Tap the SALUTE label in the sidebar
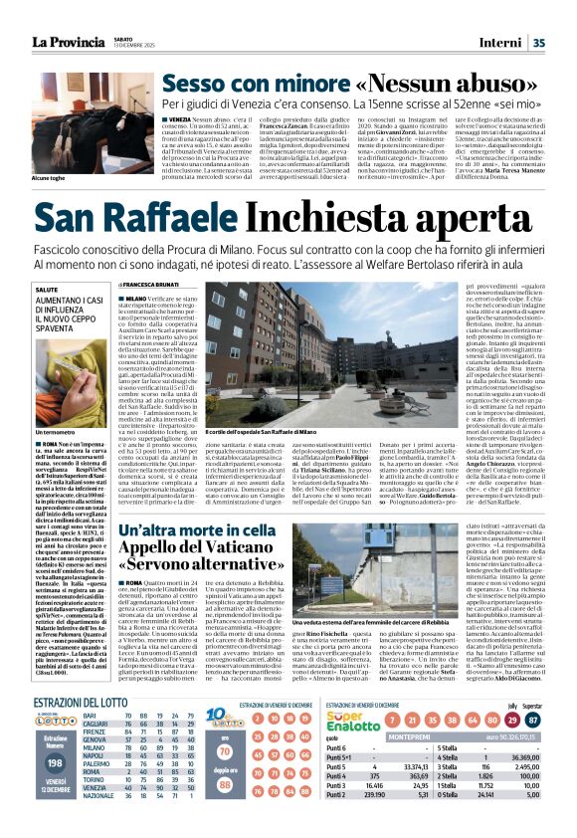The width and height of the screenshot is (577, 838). click(x=48, y=288)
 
